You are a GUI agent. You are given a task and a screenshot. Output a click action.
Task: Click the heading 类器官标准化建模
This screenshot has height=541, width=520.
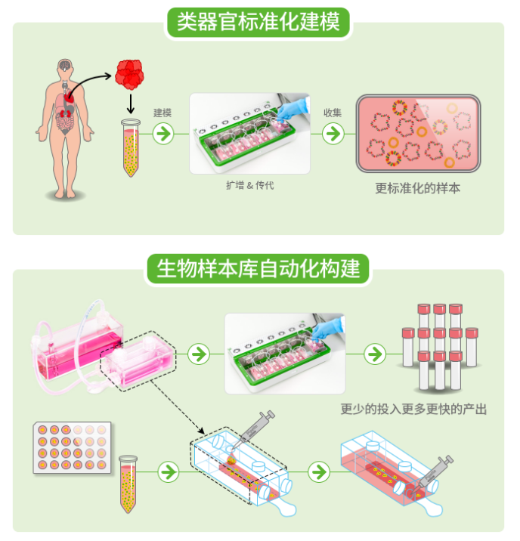pyautogui.click(x=258, y=22)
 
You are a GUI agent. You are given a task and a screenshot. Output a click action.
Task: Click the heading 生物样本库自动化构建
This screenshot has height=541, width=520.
pyautogui.click(x=258, y=267)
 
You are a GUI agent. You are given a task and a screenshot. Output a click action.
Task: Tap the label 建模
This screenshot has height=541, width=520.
pyautogui.click(x=162, y=113)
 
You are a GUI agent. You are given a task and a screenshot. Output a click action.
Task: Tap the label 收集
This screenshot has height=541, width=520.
pyautogui.click(x=333, y=113)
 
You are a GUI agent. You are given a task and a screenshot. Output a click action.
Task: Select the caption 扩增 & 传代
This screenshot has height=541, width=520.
pyautogui.click(x=249, y=185)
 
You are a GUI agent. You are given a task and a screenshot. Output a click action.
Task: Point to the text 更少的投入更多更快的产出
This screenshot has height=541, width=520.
pyautogui.click(x=413, y=410)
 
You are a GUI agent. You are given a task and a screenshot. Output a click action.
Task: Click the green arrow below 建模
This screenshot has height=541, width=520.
pyautogui.click(x=162, y=134)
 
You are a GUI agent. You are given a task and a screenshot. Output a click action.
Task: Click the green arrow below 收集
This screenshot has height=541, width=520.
pyautogui.click(x=333, y=134)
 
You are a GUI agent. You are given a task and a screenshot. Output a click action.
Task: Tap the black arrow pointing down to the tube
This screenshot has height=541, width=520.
pyautogui.click(x=132, y=103)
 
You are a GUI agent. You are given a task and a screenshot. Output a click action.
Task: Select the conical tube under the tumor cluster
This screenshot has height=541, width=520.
pyautogui.click(x=132, y=148)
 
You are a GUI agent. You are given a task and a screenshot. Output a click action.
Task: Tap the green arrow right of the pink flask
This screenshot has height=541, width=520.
pyautogui.click(x=199, y=353)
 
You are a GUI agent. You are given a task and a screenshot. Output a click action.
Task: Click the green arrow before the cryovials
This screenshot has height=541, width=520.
pyautogui.click(x=374, y=353)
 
